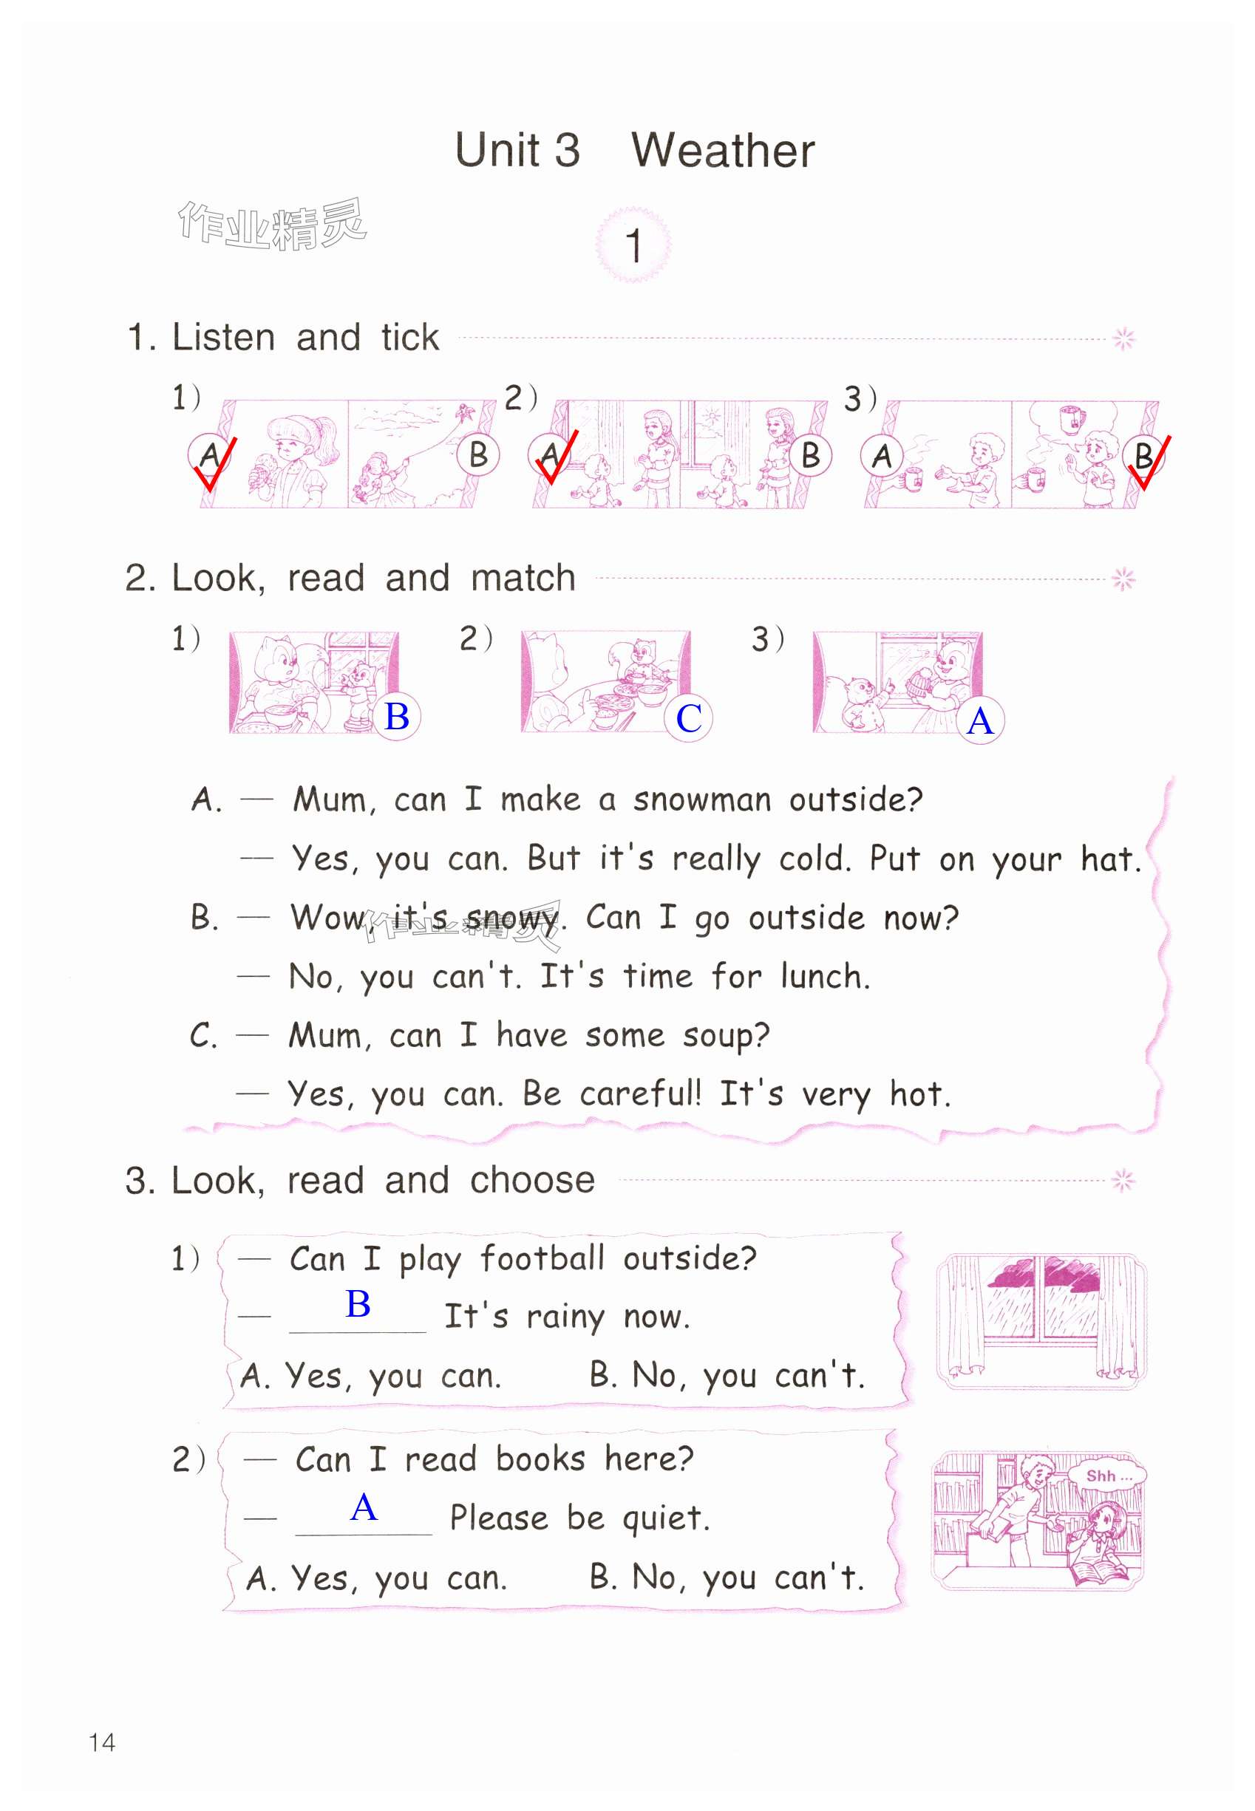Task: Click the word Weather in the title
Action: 723,150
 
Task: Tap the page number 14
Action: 102,1742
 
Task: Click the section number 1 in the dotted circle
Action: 633,246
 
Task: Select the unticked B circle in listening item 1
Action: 478,455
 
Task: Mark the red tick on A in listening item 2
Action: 557,457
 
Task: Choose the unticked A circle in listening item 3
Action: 882,456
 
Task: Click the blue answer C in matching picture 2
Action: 689,717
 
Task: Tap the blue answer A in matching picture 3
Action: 981,721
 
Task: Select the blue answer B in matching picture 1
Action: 396,716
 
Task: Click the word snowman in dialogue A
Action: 701,799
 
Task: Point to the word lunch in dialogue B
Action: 825,976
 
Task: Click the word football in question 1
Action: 543,1258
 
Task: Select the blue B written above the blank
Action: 358,1304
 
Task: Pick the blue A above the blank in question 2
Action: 364,1507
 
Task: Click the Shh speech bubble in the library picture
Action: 1109,1476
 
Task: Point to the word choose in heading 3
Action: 532,1180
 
